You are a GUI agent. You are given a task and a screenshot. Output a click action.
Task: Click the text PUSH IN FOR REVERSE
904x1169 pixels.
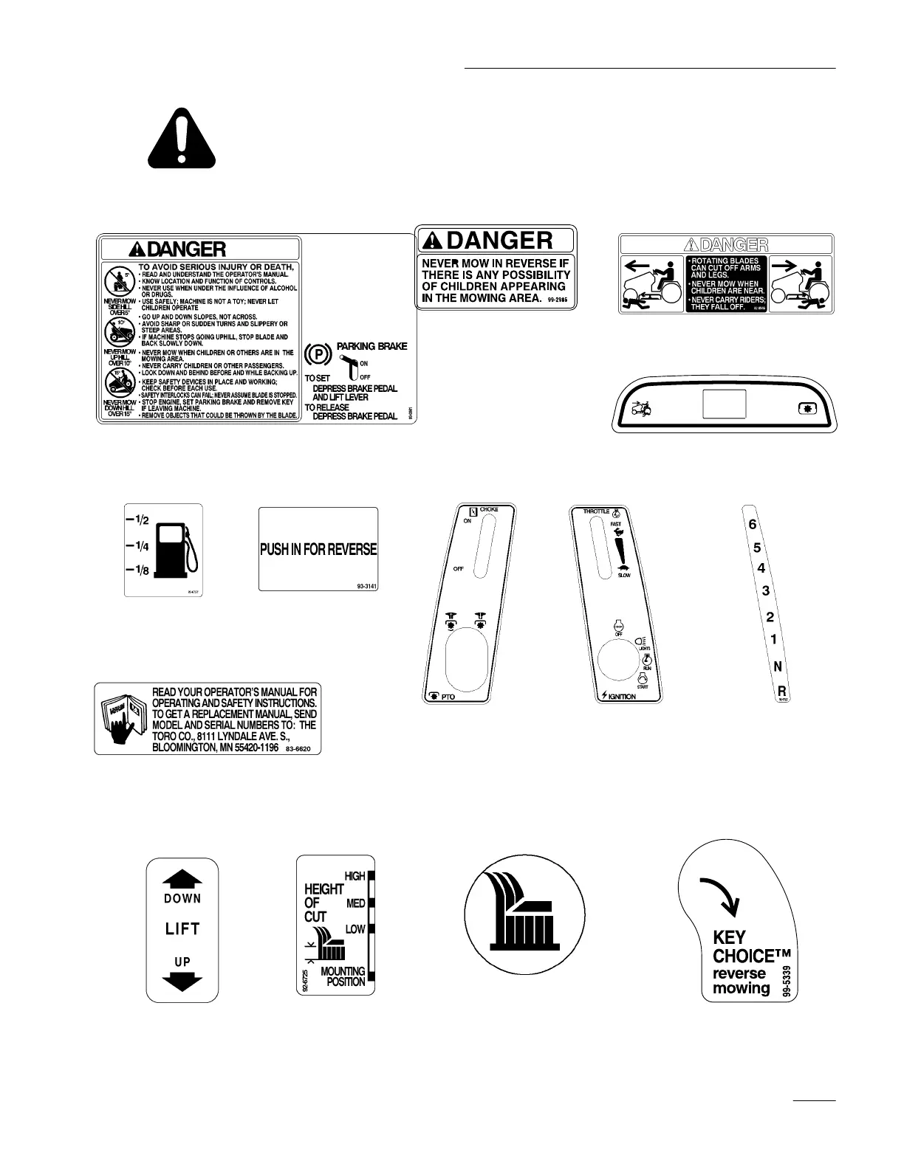pos(318,549)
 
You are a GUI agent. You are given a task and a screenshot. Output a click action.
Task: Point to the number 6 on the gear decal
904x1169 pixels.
pos(752,525)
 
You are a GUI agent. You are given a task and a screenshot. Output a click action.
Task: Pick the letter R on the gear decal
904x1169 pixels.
pos(781,691)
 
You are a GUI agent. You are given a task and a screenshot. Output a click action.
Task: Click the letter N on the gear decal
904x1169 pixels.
pos(777,666)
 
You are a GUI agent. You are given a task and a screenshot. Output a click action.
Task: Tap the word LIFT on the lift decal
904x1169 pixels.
pos(182,928)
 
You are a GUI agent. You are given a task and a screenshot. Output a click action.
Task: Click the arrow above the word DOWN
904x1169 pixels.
pos(182,879)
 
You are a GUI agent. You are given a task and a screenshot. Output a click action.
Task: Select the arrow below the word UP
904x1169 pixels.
pos(182,980)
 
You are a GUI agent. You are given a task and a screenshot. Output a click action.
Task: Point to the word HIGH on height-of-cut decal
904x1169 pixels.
pos(355,876)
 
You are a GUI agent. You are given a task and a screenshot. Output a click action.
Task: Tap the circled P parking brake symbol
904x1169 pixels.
pos(316,355)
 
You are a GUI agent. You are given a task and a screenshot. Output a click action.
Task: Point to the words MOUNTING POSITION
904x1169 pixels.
pos(343,976)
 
